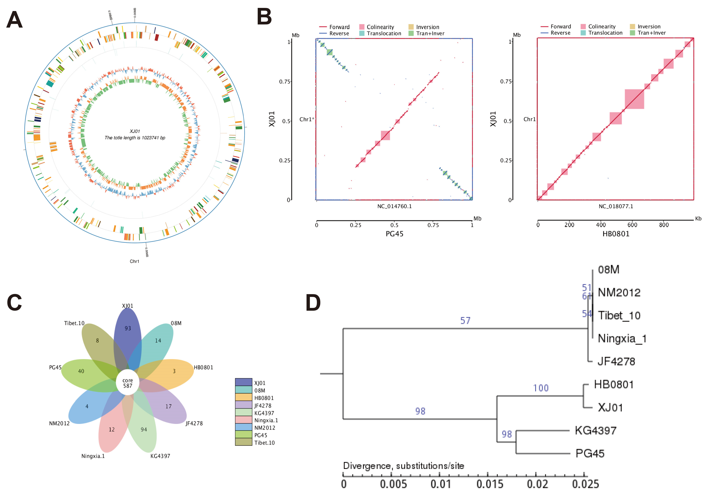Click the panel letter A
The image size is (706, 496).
click(15, 20)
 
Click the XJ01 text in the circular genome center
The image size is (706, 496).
click(135, 131)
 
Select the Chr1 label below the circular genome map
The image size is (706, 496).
click(134, 261)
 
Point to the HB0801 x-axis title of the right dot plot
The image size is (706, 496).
click(616, 234)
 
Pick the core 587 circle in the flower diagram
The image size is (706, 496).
click(128, 383)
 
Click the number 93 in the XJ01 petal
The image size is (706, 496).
click(128, 328)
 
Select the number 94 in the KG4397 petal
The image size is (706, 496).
click(144, 429)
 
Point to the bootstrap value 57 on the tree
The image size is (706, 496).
click(465, 321)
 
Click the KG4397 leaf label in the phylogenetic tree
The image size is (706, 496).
click(596, 431)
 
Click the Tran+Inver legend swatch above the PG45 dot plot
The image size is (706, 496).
click(411, 33)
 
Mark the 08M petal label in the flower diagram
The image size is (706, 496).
click(176, 323)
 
